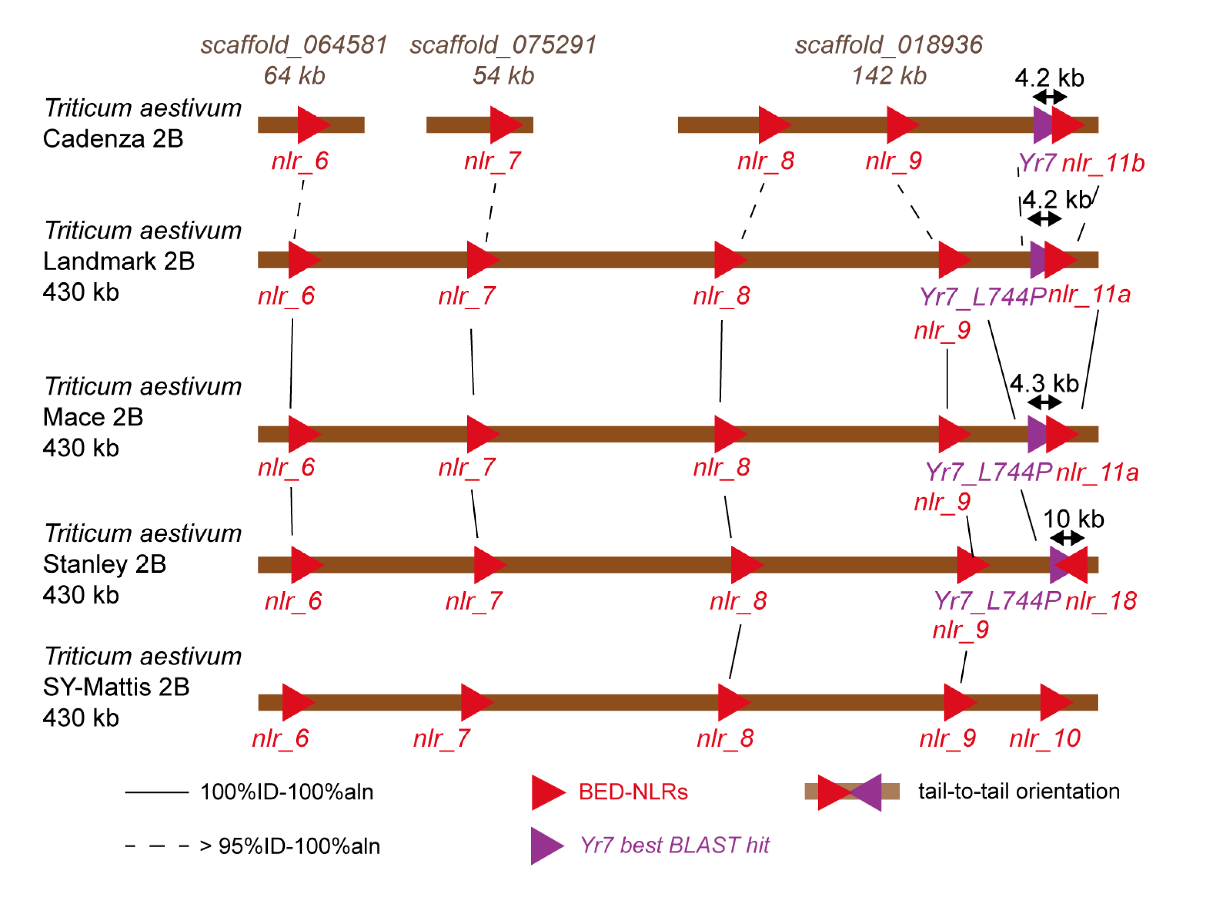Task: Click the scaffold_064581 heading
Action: [294, 44]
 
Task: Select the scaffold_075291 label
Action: [503, 44]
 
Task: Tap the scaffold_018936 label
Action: [888, 44]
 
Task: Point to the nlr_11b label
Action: [1102, 163]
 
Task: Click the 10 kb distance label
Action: [1073, 519]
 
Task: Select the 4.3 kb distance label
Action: [1044, 384]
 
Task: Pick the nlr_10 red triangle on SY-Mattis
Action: [1053, 702]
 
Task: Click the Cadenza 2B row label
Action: [113, 138]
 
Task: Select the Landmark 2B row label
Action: [118, 261]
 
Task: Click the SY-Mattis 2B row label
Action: [116, 687]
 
